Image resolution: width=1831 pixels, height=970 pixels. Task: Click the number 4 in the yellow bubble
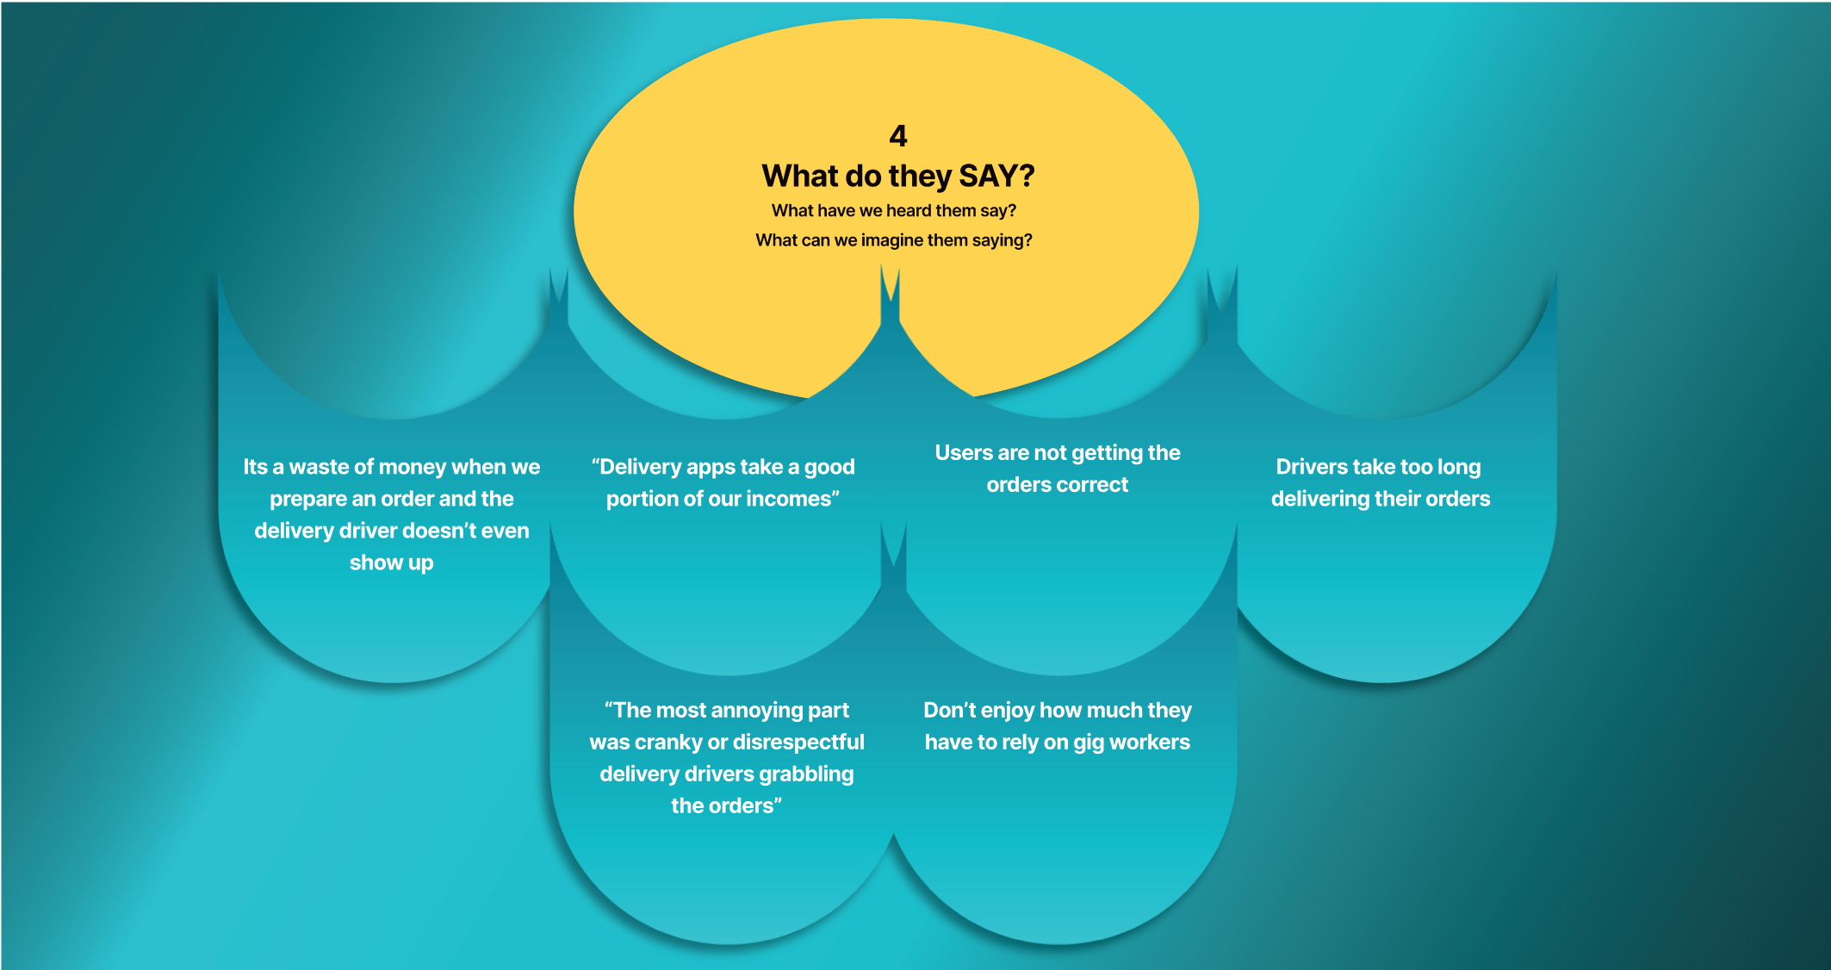coord(898,135)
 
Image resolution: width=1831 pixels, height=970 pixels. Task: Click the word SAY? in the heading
coord(996,176)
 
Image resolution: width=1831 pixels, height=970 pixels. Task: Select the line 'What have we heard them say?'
coord(894,210)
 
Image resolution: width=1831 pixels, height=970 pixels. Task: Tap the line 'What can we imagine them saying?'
coord(894,240)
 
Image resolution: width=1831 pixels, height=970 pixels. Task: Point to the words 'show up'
coord(392,563)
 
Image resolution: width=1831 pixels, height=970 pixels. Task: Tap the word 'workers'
coord(1150,743)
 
